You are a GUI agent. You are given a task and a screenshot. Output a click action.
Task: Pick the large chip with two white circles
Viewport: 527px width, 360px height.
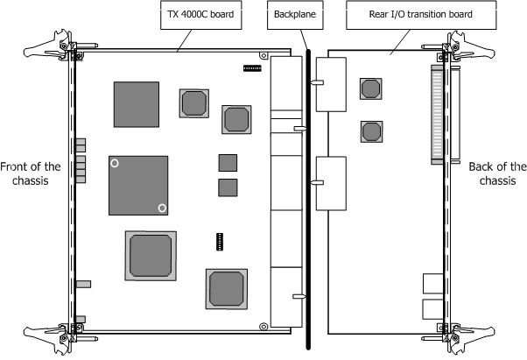[137, 185]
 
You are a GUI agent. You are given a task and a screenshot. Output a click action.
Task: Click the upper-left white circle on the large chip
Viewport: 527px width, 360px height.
[115, 163]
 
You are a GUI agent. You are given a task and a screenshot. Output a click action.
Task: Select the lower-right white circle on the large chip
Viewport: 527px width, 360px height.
[162, 208]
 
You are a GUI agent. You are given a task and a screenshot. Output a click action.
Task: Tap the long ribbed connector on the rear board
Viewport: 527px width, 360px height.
[438, 114]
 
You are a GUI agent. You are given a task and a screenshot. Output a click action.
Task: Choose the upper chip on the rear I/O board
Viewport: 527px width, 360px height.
[370, 88]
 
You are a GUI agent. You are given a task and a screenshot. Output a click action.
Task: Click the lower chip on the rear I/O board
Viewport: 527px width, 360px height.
[370, 131]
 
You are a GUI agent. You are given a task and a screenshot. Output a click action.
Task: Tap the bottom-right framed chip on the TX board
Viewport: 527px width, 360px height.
[229, 288]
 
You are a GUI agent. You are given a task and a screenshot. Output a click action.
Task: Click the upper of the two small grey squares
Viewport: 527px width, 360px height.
[228, 161]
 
